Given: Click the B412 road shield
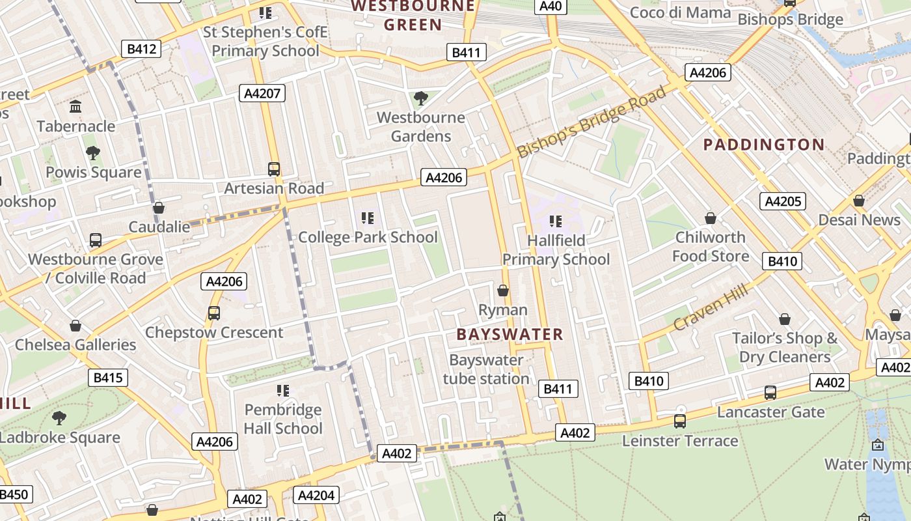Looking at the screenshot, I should pos(141,48).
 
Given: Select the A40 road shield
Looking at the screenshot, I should pos(551,7).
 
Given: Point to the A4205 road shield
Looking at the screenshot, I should pos(783,201).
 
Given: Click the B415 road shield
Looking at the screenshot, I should pos(108,378).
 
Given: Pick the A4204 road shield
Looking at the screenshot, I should pos(316,496).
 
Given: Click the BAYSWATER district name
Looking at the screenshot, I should pos(510,335).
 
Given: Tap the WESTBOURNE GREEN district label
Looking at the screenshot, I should pos(413,16).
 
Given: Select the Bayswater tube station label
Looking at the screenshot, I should pos(486,369).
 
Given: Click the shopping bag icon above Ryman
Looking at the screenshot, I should pos(503,290).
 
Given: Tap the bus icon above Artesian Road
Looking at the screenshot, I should pos(274,169).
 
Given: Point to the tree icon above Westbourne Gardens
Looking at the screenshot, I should pos(421,98).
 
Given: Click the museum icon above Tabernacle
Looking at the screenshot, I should pos(75,106).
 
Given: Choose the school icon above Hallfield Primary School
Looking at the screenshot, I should pos(555,221).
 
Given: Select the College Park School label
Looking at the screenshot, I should pos(368,237).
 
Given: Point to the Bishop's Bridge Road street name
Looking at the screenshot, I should pos(591,122).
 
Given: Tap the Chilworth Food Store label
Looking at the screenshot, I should pos(711,246).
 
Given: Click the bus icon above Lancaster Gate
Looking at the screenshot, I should pos(770,393).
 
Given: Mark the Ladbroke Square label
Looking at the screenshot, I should pos(60,438).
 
